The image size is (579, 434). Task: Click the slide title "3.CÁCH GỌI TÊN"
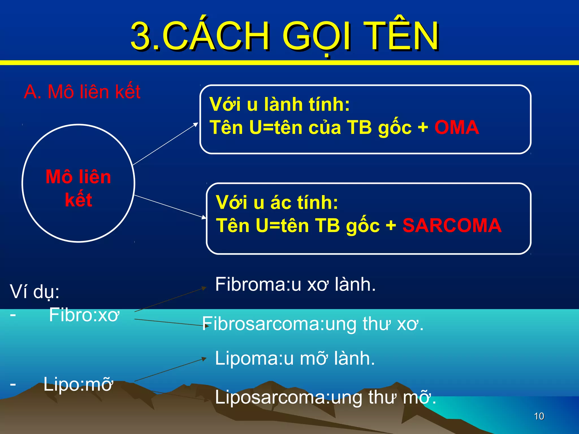(x=284, y=36)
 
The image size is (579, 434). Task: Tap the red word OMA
(x=457, y=127)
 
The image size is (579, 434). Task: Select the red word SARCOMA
(x=452, y=225)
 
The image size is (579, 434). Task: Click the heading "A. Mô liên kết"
(x=82, y=92)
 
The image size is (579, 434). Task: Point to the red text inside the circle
(x=78, y=188)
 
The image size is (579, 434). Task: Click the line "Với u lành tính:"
(x=279, y=104)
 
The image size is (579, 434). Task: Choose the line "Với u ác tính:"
(x=277, y=203)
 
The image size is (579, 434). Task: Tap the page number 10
(x=539, y=416)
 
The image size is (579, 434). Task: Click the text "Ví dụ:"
(x=34, y=292)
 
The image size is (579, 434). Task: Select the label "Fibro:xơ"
(x=84, y=315)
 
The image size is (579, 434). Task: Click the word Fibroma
(x=252, y=284)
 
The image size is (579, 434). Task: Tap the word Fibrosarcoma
(x=260, y=324)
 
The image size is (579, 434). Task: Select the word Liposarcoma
(x=270, y=397)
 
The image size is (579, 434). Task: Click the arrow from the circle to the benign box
(x=165, y=144)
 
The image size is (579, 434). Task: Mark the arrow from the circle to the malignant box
(x=170, y=207)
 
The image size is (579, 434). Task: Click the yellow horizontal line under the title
(x=289, y=63)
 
